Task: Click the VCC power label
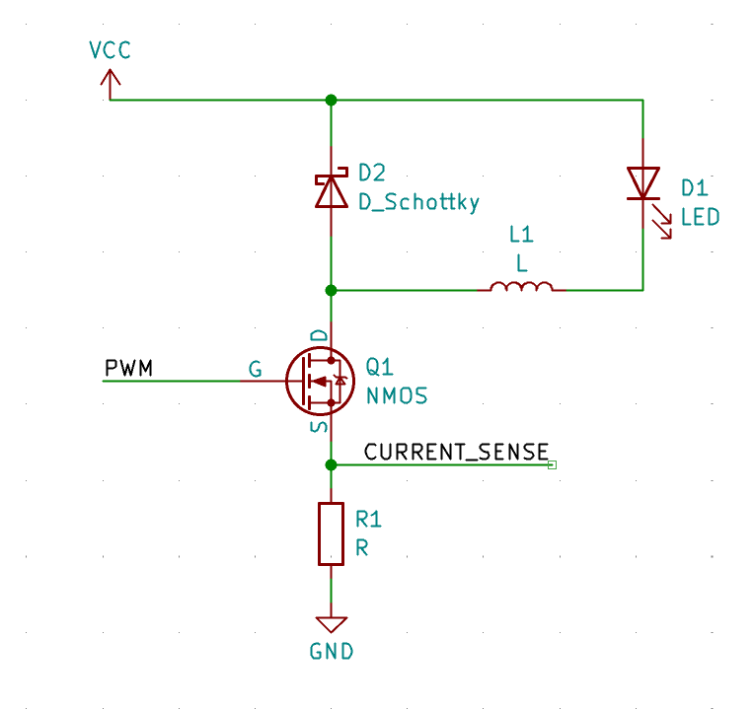110,50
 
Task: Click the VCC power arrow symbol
110,86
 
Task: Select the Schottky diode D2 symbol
331,189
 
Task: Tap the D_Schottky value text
418,203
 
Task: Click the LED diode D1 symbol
643,184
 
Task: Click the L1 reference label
521,235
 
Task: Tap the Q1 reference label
380,367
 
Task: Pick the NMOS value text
397,396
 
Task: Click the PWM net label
128,369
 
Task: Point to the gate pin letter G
255,370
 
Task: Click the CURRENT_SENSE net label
456,452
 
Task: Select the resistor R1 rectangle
331,533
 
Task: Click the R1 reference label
368,519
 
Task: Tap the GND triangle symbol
331,624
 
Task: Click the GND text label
331,652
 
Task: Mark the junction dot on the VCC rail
331,101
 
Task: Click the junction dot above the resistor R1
331,464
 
